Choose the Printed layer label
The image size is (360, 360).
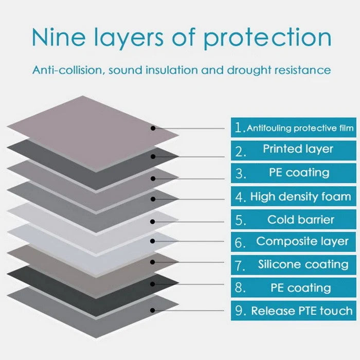pyautogui.click(x=298, y=149)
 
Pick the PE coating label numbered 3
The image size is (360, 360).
pyautogui.click(x=300, y=173)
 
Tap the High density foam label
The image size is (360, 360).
pyautogui.click(x=301, y=196)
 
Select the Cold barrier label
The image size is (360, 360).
pyautogui.click(x=301, y=220)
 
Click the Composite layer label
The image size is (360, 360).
pyautogui.click(x=302, y=241)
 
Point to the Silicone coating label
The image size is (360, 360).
pyautogui.click(x=303, y=264)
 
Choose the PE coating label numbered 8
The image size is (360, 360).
pyautogui.click(x=301, y=287)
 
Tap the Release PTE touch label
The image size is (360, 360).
pyautogui.click(x=302, y=311)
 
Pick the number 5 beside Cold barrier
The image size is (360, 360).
pyautogui.click(x=241, y=221)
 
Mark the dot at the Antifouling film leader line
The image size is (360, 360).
pyautogui.click(x=153, y=128)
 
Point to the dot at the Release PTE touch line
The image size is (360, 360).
pyautogui.click(x=153, y=311)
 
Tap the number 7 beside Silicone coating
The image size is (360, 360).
pyautogui.click(x=241, y=265)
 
